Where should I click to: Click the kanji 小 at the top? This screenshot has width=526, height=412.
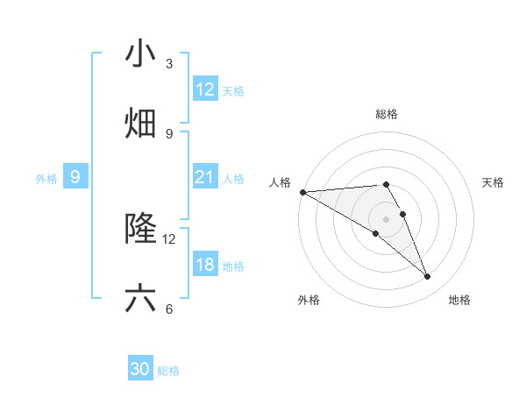141,53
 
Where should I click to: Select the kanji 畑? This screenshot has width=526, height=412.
141,124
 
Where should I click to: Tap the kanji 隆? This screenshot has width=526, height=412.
141,229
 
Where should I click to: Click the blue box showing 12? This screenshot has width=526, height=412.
205,89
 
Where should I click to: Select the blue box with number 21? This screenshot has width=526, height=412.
205,177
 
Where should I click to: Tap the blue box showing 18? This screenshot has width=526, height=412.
205,265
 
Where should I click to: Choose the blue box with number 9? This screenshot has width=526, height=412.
75,177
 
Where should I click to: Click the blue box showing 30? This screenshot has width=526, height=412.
140,369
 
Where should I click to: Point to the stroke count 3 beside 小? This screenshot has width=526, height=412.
169,64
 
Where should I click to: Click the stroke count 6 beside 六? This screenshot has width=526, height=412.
169,309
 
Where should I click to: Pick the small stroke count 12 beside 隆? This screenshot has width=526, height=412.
169,238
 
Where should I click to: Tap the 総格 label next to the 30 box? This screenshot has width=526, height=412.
168,371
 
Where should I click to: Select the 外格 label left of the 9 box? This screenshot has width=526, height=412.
46,179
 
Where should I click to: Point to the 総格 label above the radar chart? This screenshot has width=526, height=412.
387,114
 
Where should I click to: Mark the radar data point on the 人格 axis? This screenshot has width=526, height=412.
302,192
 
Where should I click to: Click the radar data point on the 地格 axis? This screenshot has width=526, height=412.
428,277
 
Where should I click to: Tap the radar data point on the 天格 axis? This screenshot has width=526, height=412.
403,214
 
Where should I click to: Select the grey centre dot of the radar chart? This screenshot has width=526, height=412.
387,218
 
